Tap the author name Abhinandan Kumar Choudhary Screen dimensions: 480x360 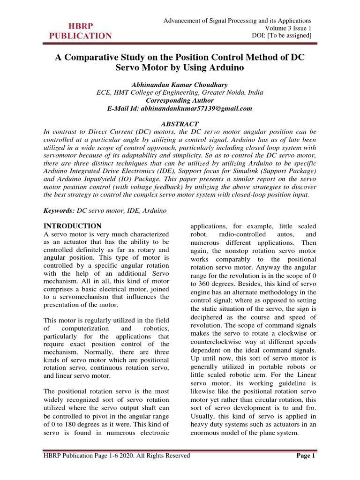click(x=180, y=85)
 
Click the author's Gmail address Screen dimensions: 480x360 click(x=204, y=108)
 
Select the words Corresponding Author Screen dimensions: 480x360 click(x=180, y=101)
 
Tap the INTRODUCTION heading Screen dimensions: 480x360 click(x=72, y=226)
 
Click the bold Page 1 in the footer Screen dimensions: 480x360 click(x=307, y=456)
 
